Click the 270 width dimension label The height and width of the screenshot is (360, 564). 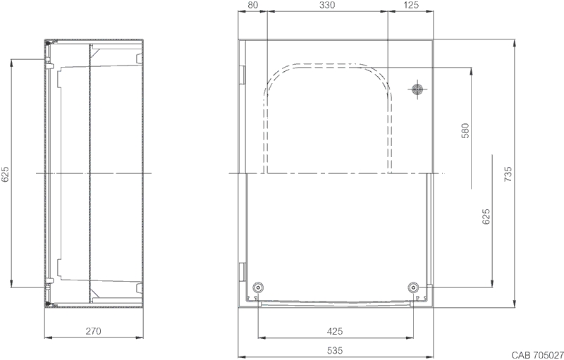tap(94, 331)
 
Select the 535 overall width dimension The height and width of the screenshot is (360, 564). tap(335, 350)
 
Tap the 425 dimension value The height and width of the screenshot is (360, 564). tap(335, 331)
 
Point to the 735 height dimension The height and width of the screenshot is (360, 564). tap(508, 174)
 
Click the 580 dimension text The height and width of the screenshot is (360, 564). tap(465, 131)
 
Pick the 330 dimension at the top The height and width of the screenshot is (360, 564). tap(326, 5)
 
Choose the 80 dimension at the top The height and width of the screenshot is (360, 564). tap(253, 5)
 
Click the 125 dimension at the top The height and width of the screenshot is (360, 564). tap(411, 5)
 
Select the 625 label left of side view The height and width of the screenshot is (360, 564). tap(6, 174)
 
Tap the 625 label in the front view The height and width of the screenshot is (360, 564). tap(486, 217)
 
